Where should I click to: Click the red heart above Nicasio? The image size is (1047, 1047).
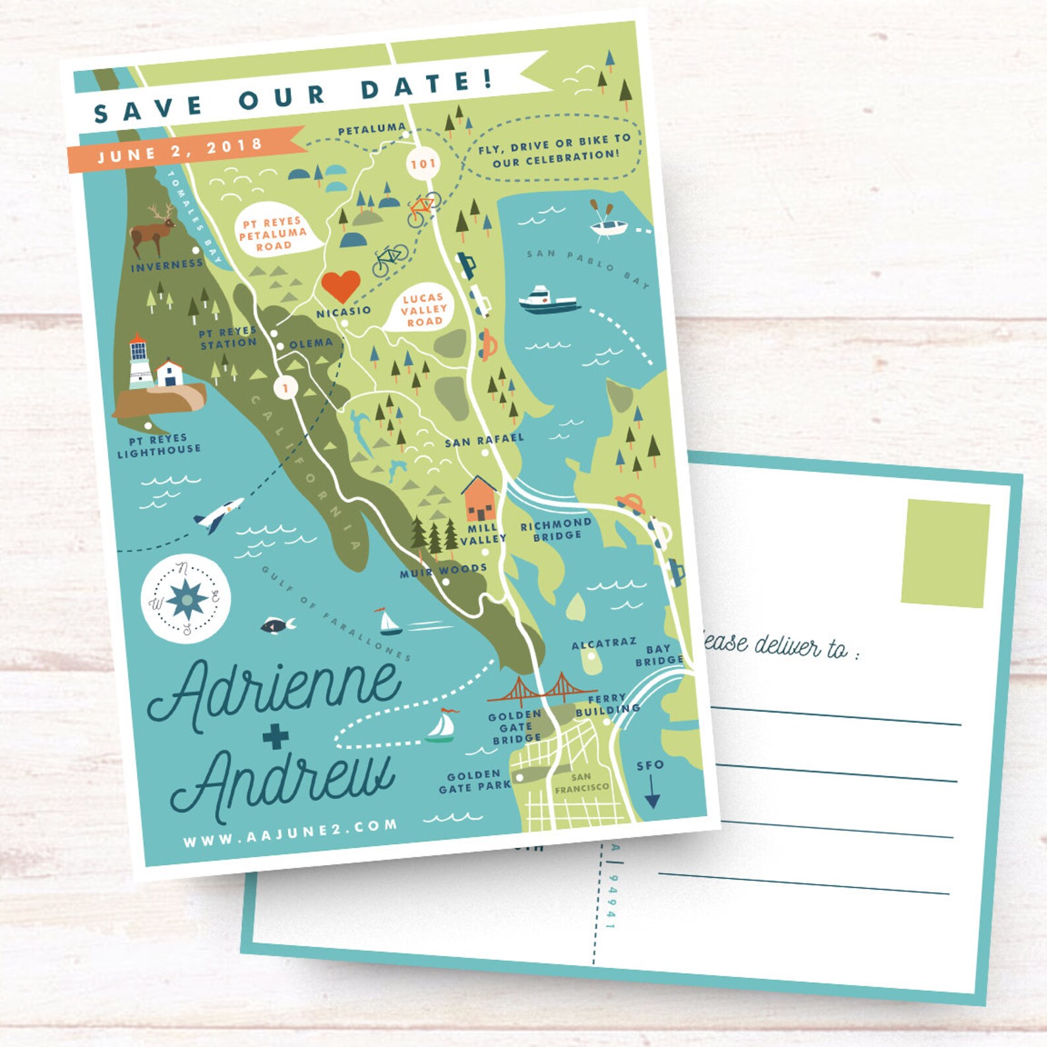point(341,285)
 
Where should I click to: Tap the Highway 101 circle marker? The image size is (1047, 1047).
point(423,163)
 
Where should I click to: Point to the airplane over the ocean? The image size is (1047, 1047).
point(218,514)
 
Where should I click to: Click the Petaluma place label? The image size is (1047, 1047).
point(372,129)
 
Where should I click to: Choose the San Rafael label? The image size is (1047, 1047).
point(484,440)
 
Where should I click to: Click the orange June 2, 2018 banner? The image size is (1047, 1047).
point(181,150)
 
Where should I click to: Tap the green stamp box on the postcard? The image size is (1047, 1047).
point(945,553)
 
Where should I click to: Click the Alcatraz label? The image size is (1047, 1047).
point(604,643)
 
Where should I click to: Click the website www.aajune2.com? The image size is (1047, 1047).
point(290,833)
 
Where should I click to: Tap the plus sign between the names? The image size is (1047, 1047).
point(276,736)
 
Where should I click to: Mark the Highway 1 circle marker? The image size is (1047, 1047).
point(285,388)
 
